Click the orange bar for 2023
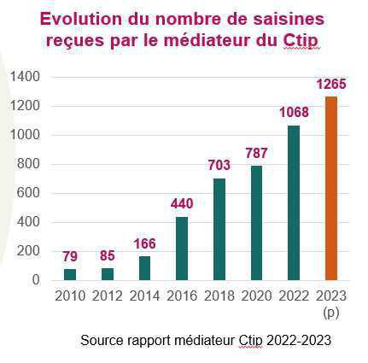point(331,188)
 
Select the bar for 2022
point(295,202)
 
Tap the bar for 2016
point(181,248)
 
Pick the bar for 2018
point(219,229)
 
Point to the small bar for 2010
point(70,274)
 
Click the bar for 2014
point(144,268)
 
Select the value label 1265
point(330,84)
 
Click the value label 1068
point(294,113)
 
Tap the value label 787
point(256,153)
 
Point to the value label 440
point(181,203)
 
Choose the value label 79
point(70,255)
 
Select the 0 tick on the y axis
point(36,280)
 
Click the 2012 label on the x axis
point(107,296)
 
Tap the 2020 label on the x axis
point(256,296)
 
